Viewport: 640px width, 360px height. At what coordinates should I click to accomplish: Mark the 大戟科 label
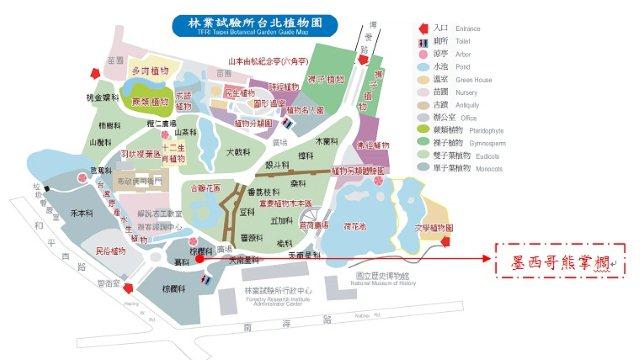click(237, 151)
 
